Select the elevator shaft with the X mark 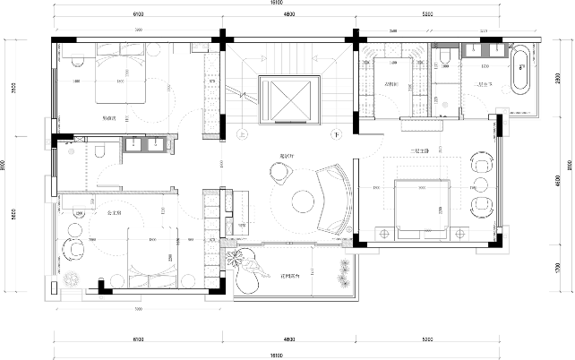click(288, 98)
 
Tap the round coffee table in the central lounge click(300, 202)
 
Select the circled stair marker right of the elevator click(335, 134)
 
